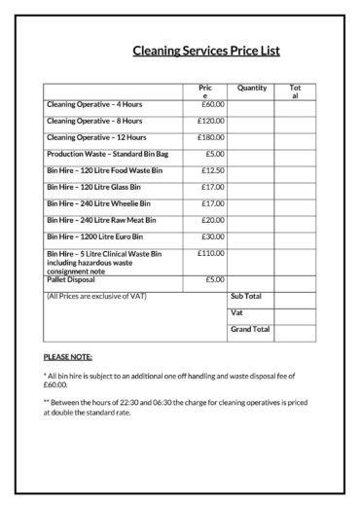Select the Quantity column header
pos(251,88)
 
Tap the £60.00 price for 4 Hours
pos(212,104)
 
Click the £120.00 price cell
pos(210,121)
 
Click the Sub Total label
pos(246,295)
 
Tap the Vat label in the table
pos(236,312)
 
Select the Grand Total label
pos(249,330)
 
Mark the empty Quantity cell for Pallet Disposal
pos(251,280)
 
